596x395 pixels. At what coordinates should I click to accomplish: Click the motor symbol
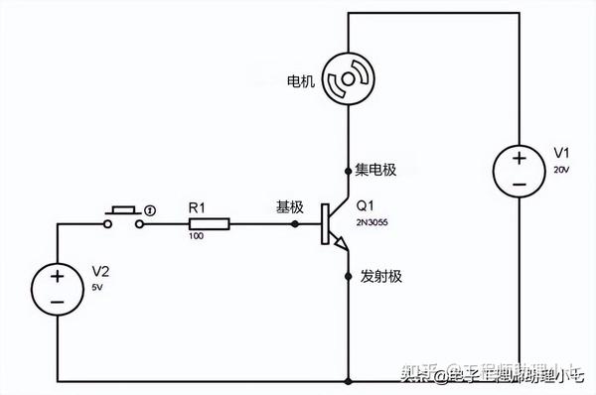349,78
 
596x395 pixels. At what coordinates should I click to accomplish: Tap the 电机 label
300,81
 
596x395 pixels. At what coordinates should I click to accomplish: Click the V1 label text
561,152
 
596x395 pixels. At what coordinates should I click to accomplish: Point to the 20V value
561,170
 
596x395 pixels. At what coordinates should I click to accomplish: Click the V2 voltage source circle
58,288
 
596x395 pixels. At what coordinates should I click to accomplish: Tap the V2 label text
100,270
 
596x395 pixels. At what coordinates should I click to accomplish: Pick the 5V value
97,287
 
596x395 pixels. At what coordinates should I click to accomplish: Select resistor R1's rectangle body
209,224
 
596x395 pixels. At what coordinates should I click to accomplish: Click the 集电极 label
374,170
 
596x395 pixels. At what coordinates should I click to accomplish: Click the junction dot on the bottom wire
349,380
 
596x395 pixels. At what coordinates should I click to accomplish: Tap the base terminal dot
295,224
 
